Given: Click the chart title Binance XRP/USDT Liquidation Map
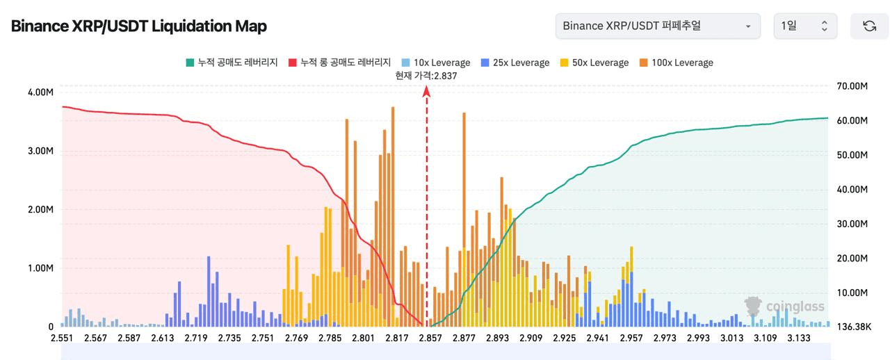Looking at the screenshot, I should click(x=138, y=26).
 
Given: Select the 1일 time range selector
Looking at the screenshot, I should click(x=804, y=26).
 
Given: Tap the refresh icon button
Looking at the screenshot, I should click(x=869, y=26).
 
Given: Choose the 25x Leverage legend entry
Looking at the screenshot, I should click(x=515, y=63).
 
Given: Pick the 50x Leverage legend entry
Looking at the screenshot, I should click(x=594, y=63).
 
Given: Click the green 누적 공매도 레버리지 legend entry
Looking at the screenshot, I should click(x=232, y=63).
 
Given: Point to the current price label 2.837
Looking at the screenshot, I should click(x=426, y=76).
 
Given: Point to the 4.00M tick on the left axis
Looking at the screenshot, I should click(x=40, y=92).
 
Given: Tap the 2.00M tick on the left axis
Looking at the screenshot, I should click(x=40, y=209).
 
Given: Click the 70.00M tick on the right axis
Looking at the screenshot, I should click(x=853, y=86).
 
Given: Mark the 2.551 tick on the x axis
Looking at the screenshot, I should click(x=63, y=338).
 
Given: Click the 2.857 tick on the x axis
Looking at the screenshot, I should click(x=430, y=338).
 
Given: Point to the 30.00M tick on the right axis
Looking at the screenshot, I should click(x=853, y=224).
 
